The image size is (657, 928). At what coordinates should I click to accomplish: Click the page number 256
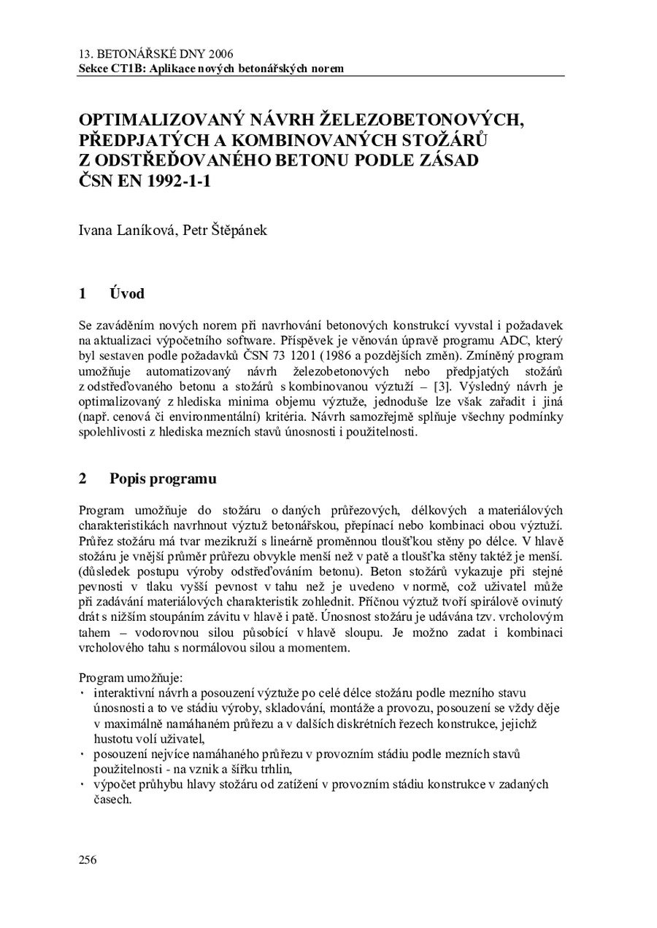pos(88,859)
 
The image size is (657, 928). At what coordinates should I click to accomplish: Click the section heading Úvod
pos(126,294)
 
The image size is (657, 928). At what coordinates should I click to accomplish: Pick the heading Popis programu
pos(163,479)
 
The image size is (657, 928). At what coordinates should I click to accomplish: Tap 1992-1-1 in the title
pos(174,182)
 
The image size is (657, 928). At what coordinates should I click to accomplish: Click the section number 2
pos(83,479)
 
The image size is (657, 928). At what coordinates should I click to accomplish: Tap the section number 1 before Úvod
pos(83,294)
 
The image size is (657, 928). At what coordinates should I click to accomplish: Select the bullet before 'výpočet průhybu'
pos(82,785)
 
